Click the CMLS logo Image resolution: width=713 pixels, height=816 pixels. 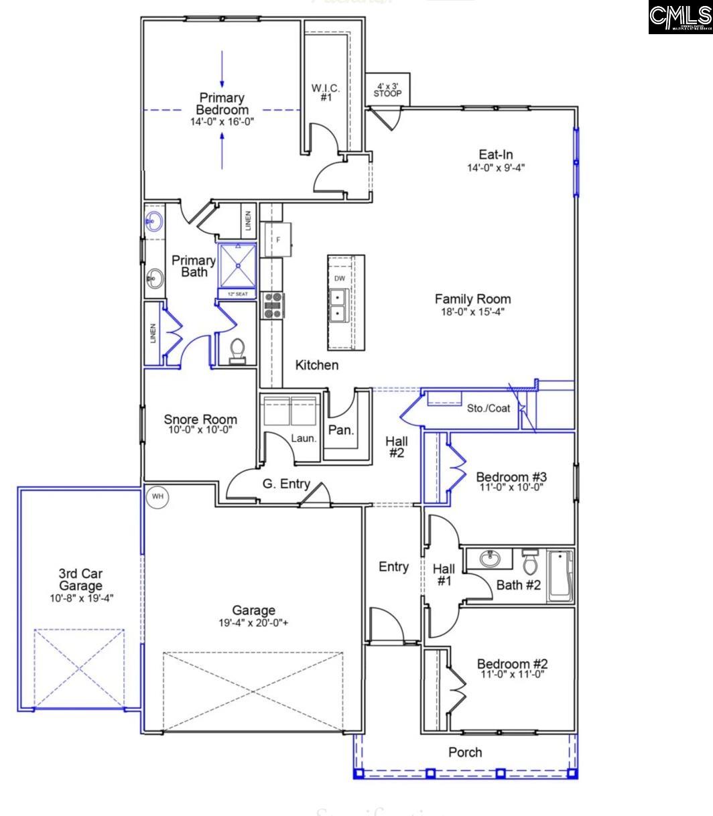click(x=679, y=17)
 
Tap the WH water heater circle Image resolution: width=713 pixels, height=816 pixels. click(x=157, y=496)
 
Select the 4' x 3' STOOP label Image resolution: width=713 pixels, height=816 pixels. click(x=387, y=90)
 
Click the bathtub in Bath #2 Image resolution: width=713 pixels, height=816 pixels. click(x=560, y=575)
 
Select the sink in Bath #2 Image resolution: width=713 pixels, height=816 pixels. click(x=489, y=557)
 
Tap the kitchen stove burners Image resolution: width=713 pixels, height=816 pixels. click(x=273, y=305)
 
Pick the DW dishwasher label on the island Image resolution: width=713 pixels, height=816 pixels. click(x=339, y=278)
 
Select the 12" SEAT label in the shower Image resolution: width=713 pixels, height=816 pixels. click(x=237, y=294)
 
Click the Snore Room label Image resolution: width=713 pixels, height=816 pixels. click(x=200, y=419)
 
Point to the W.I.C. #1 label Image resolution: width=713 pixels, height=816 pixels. click(x=326, y=92)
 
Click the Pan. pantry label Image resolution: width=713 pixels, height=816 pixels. click(x=341, y=430)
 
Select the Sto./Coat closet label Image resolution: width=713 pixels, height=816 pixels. click(x=489, y=408)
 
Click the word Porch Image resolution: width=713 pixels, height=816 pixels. click(x=465, y=752)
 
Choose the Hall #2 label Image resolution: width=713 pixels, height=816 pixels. click(x=397, y=447)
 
